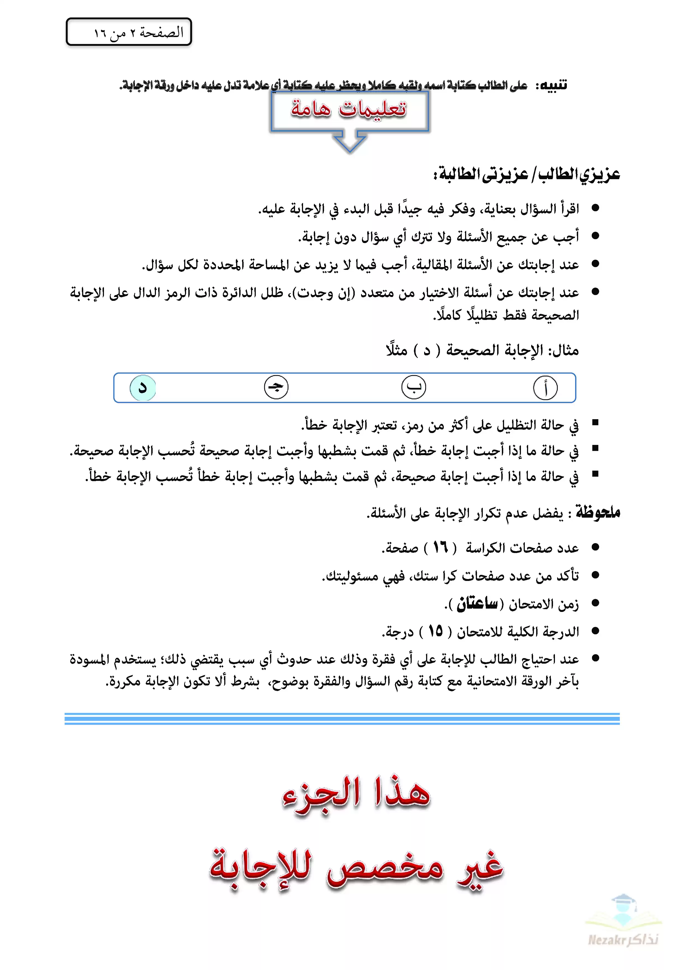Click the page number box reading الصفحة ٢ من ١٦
129,32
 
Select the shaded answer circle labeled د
143,388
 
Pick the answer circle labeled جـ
276,387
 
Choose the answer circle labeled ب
414,387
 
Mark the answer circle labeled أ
545,388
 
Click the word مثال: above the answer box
564,351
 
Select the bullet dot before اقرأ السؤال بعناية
596,208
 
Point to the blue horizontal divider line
342,719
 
